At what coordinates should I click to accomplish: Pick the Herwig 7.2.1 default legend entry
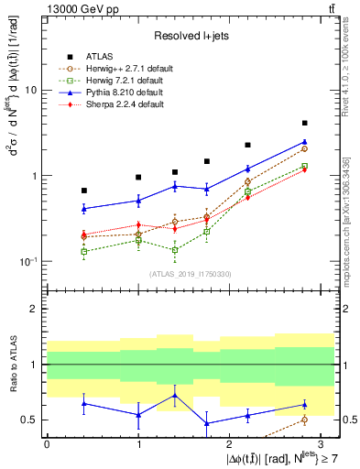coord(124,81)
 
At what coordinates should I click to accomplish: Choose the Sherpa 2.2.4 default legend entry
coord(123,104)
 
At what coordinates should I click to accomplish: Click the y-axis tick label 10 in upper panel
coord(31,91)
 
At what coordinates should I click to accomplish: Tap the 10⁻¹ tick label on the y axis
coord(27,261)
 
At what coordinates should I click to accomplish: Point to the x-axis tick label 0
coord(47,443)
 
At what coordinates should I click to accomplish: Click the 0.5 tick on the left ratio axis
coord(29,420)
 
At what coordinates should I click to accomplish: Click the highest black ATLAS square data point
coord(304,123)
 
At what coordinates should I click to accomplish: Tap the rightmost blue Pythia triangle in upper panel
coord(304,142)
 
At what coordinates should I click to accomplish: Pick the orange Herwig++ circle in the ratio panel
coord(304,420)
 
